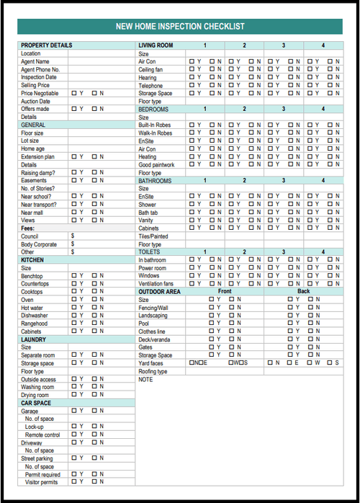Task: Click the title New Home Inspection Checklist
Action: coord(180,27)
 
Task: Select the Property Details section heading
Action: coord(47,45)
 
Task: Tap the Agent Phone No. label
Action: coord(40,69)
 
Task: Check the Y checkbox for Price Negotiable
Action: coord(74,93)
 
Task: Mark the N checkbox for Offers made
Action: coord(94,109)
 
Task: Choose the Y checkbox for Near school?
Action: coord(74,196)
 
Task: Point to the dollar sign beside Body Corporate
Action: coord(73,244)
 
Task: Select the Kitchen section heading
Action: coord(32,259)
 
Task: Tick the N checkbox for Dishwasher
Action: coord(94,315)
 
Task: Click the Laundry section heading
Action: coord(34,339)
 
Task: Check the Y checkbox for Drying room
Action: coord(74,394)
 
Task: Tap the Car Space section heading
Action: coord(36,402)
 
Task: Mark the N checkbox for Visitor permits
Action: coord(94,481)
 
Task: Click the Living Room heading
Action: coord(156,45)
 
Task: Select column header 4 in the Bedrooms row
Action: coord(323,109)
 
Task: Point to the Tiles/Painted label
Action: coord(153,236)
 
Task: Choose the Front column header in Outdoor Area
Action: coord(225,291)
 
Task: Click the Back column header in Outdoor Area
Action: coord(303,291)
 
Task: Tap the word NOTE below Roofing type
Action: coord(145,378)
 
